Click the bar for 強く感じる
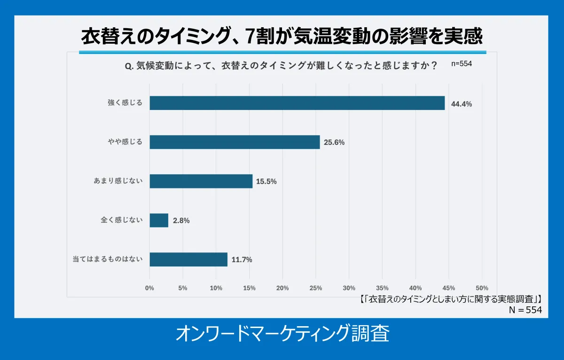pos(297,103)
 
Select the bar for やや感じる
pos(235,142)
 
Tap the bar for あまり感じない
pos(201,181)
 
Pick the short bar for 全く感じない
pos(159,220)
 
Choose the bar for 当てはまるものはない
pos(188,259)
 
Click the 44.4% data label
pos(461,104)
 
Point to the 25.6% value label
pos(334,142)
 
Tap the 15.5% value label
pos(266,181)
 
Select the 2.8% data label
pos(181,221)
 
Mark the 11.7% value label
pos(242,260)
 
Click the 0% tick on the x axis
pos(149,288)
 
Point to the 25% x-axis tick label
pos(316,288)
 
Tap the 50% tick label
pos(482,288)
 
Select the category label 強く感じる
pos(125,102)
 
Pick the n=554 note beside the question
pos(462,64)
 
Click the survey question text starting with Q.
pos(281,66)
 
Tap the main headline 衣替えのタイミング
pos(282,36)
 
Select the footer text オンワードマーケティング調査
pos(282,334)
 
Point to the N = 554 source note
pos(525,310)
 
